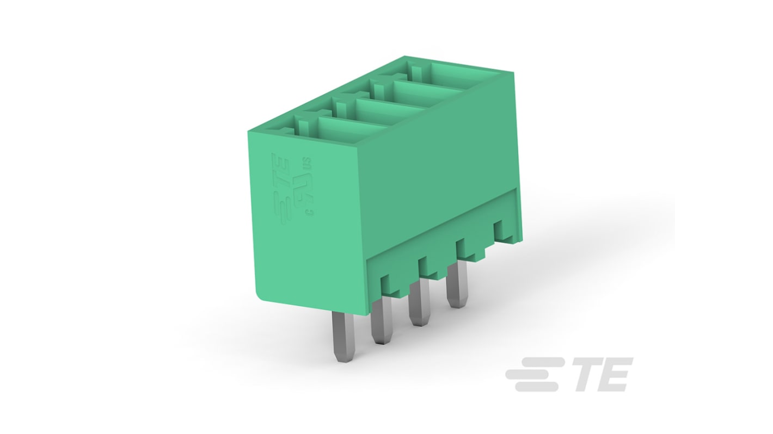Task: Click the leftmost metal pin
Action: pyautogui.click(x=343, y=337)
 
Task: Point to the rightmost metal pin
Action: pyautogui.click(x=456, y=287)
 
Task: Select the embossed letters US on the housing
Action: pyautogui.click(x=307, y=163)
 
